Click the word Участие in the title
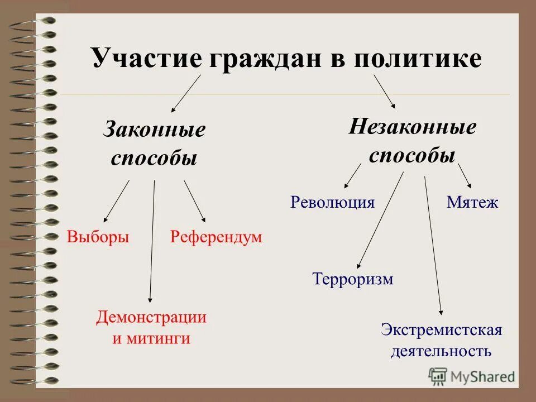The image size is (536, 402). [146, 59]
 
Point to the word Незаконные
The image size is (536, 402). [413, 127]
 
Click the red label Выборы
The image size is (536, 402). [98, 237]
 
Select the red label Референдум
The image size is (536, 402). [216, 237]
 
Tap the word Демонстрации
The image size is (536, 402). [151, 318]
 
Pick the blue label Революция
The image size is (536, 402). [332, 202]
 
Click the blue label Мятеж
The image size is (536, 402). [472, 202]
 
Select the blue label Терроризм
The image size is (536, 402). [353, 279]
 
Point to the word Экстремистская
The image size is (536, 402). [442, 330]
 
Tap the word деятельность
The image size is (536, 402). [441, 351]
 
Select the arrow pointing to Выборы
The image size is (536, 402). [117, 201]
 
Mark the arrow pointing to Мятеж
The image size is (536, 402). [465, 176]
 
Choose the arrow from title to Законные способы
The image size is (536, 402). [186, 94]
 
